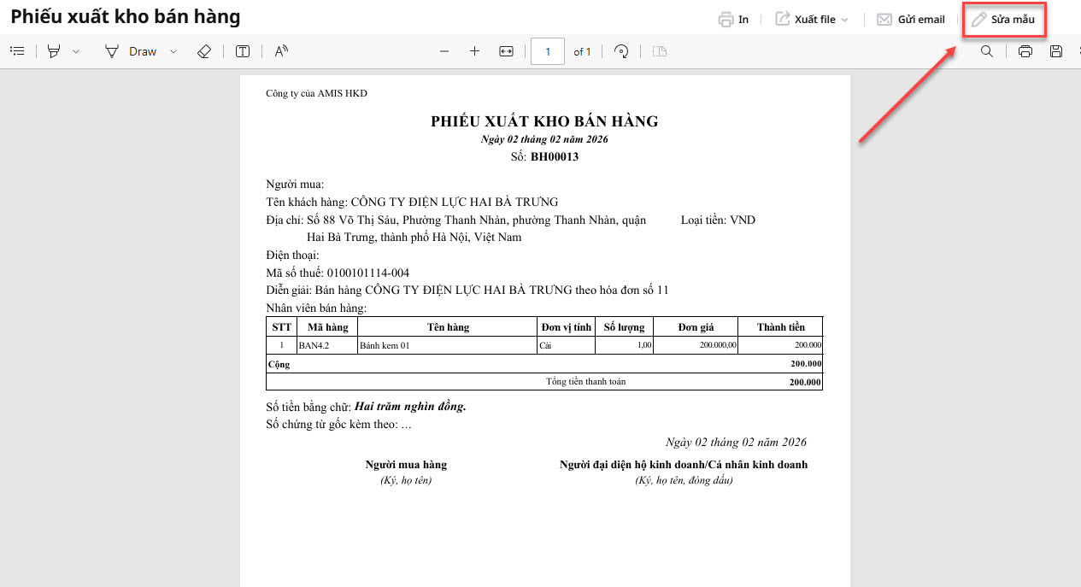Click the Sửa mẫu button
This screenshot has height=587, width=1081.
[x=1003, y=20]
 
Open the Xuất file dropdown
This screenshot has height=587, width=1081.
[x=812, y=20]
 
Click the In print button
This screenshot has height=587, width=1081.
[x=734, y=20]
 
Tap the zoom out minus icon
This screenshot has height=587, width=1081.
[x=444, y=51]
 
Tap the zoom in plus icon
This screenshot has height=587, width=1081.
[x=475, y=51]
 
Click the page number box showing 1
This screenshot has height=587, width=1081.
[x=548, y=51]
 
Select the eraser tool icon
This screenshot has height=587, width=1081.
[x=203, y=51]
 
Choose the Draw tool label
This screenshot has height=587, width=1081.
[x=143, y=51]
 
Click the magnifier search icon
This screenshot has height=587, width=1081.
[x=987, y=51]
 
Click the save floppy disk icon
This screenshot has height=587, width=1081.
[x=1056, y=51]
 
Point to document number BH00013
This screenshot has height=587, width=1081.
[x=555, y=156]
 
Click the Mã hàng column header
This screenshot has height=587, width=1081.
[x=327, y=327]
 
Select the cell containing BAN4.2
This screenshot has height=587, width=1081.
[x=314, y=346]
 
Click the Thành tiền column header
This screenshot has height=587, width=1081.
[x=781, y=327]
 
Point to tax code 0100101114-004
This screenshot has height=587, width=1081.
[x=368, y=273]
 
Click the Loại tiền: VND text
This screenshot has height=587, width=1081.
[x=718, y=220]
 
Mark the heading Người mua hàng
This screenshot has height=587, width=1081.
[x=406, y=465]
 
